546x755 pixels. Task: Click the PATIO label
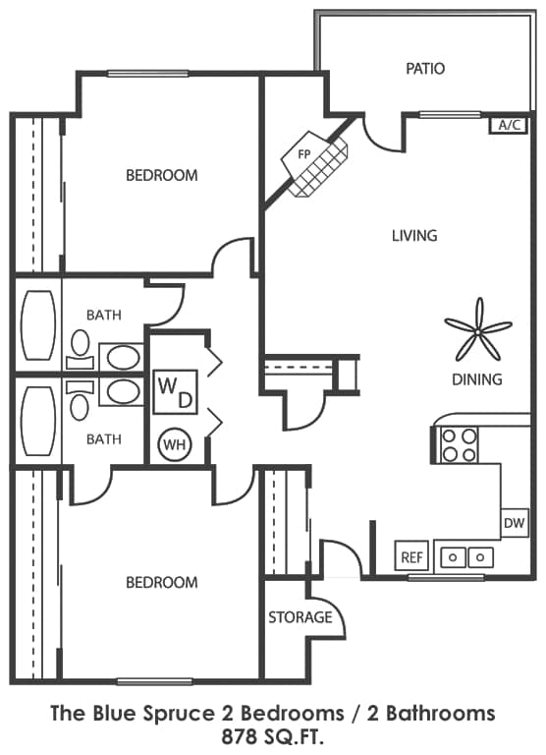click(x=425, y=69)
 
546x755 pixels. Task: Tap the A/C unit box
click(x=509, y=125)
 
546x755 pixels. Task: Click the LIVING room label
click(x=414, y=236)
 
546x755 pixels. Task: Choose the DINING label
click(x=477, y=379)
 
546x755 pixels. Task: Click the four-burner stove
click(x=459, y=444)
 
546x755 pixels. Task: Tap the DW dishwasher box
click(x=515, y=524)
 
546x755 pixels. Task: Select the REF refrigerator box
click(x=411, y=556)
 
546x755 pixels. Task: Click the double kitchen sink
click(x=465, y=556)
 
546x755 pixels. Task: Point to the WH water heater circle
click(x=175, y=445)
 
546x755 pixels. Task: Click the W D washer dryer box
click(x=176, y=390)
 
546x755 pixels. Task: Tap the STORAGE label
click(x=300, y=617)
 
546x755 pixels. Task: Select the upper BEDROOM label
click(x=161, y=175)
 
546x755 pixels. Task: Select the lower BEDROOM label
click(x=161, y=582)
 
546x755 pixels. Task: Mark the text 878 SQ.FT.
click(x=273, y=734)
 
